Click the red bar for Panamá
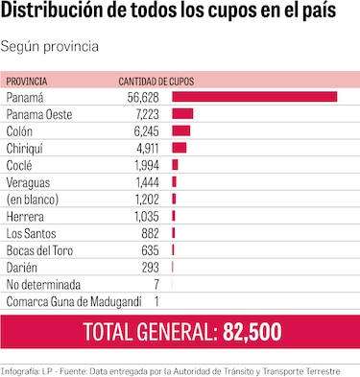(254, 97)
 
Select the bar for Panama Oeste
(182, 114)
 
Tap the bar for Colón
(180, 130)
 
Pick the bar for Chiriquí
(179, 148)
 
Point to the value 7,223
(144, 114)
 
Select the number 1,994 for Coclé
(144, 165)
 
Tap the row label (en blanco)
(33, 200)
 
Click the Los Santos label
(30, 233)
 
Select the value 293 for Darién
(149, 268)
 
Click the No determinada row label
(43, 285)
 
